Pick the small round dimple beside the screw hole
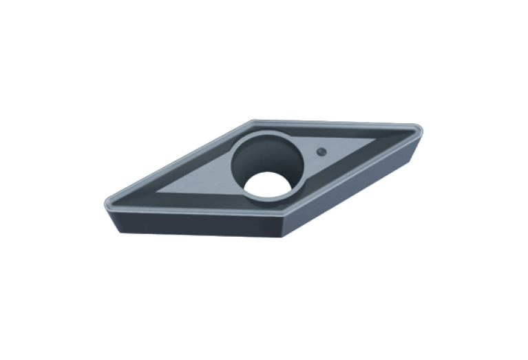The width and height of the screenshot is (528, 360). point(320,150)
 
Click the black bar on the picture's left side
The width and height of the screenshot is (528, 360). point(41,179)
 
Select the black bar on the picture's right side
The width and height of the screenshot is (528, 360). point(485,179)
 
